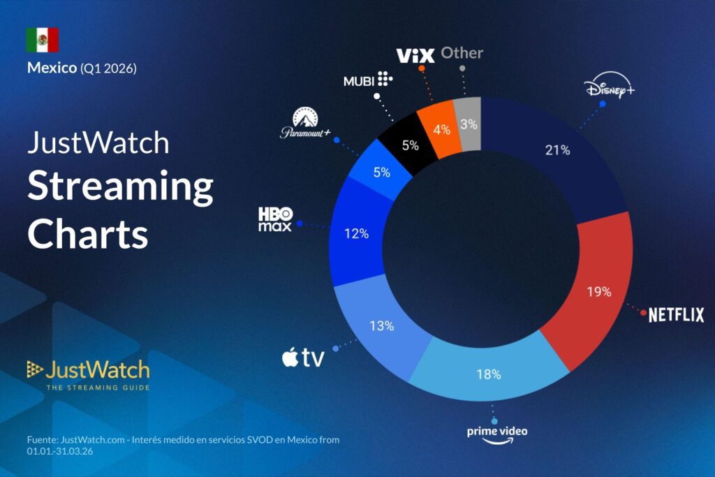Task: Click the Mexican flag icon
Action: point(43,41)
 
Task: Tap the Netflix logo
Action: point(676,315)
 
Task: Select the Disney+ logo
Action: point(609,90)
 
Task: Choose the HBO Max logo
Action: point(275,219)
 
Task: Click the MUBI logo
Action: point(368,80)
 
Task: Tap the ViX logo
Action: point(415,55)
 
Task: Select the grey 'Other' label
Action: point(462,53)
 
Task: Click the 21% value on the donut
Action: point(558,149)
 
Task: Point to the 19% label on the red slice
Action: point(598,291)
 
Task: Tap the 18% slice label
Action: point(489,374)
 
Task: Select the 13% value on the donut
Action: point(381,325)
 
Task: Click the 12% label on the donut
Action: point(356,234)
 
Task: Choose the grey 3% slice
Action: point(469,124)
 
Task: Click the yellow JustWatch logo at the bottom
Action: point(88,374)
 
